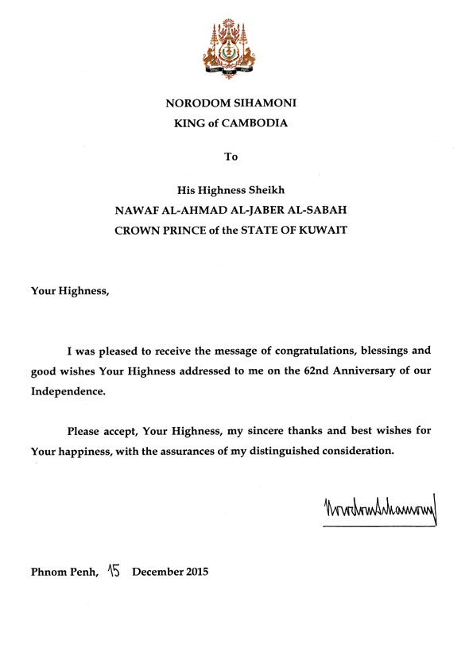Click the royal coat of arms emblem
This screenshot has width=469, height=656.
(x=231, y=49)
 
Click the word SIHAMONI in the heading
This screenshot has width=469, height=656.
(x=262, y=103)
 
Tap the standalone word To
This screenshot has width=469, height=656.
(x=231, y=157)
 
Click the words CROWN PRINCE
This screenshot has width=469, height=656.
(x=164, y=231)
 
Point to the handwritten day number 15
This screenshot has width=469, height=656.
(x=114, y=569)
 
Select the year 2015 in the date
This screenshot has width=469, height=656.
(x=194, y=572)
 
